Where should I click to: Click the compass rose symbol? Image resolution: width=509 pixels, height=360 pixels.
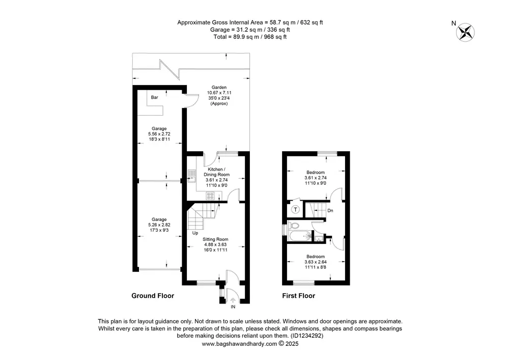click(x=465, y=33)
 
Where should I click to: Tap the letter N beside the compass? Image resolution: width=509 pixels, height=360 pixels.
click(x=454, y=23)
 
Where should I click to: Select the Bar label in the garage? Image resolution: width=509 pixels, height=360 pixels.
click(x=155, y=97)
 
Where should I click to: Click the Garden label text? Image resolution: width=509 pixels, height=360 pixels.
click(x=219, y=87)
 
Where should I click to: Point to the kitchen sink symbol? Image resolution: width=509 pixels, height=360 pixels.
click(x=191, y=176)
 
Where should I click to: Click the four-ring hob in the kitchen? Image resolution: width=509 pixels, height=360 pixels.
click(x=210, y=196)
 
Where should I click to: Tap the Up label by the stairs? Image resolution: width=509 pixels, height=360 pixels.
click(x=195, y=233)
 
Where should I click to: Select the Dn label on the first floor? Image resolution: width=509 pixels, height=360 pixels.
click(x=330, y=211)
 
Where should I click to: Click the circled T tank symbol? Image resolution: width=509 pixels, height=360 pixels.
click(x=295, y=210)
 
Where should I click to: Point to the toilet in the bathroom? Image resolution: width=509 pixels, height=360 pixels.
click(x=294, y=225)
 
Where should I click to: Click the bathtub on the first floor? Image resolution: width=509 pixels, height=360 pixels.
click(x=300, y=236)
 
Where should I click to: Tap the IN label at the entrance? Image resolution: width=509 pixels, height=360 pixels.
click(x=233, y=307)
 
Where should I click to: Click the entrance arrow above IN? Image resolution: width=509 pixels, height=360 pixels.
click(x=233, y=300)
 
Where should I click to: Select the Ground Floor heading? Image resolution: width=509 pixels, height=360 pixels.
click(x=153, y=296)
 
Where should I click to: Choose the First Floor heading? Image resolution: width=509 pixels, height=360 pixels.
click(x=299, y=296)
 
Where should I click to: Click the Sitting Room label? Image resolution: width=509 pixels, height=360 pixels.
click(x=215, y=239)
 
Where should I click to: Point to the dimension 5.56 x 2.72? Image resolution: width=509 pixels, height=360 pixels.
click(x=159, y=134)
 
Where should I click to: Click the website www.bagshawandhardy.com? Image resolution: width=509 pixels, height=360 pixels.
click(x=240, y=344)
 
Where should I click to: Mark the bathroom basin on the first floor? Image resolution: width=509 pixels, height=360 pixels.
click(x=319, y=239)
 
